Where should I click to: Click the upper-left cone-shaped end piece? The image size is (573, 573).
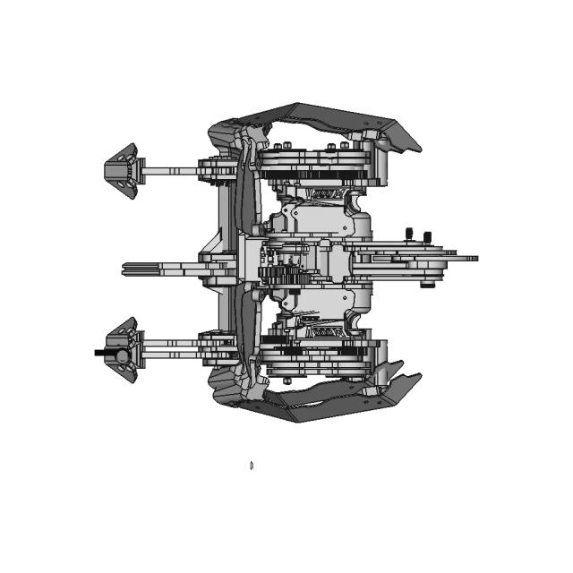click(x=121, y=171)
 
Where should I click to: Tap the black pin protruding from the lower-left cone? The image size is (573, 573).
click(x=99, y=353)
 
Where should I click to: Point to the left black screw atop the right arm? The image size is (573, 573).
click(x=409, y=235)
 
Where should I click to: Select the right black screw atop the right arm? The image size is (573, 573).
click(x=426, y=235)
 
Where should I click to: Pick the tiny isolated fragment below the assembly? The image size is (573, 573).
click(x=252, y=465)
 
